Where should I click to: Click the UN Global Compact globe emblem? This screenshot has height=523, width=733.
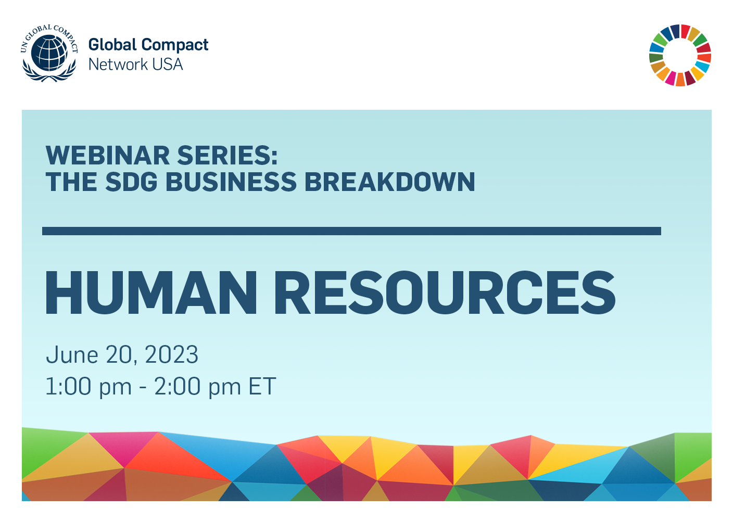coord(49,53)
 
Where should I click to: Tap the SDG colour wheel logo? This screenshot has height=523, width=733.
coord(680,55)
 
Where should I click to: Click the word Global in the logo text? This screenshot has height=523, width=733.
coord(112,45)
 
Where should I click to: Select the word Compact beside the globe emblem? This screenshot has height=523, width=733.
coord(174,46)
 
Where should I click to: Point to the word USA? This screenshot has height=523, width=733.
coord(168,65)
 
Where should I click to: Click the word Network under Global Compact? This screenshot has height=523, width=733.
coord(118,65)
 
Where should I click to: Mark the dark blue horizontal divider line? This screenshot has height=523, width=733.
coord(351,231)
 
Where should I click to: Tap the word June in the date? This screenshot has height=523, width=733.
coord(72,355)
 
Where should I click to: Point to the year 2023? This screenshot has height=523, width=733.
coord(171,355)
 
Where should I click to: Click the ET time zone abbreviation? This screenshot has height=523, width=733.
coord(262,387)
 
